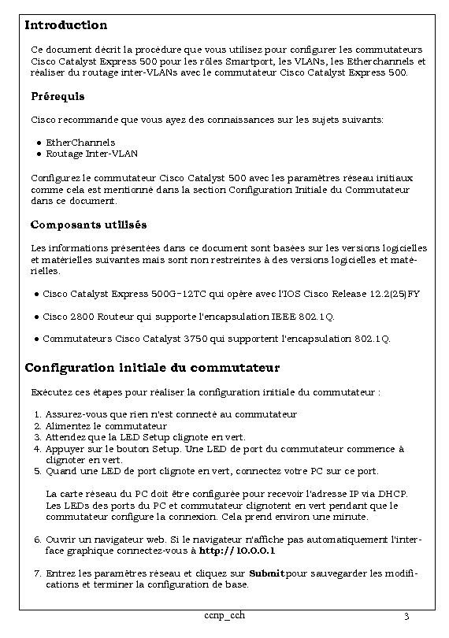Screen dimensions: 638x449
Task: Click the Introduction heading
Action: click(66, 26)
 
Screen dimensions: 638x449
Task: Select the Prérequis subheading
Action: click(58, 96)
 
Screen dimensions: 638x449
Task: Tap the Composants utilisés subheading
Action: click(88, 225)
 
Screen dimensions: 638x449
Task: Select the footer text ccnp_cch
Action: click(219, 614)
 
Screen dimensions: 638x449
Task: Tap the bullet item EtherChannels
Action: click(80, 143)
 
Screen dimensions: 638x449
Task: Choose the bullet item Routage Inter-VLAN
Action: click(91, 154)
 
